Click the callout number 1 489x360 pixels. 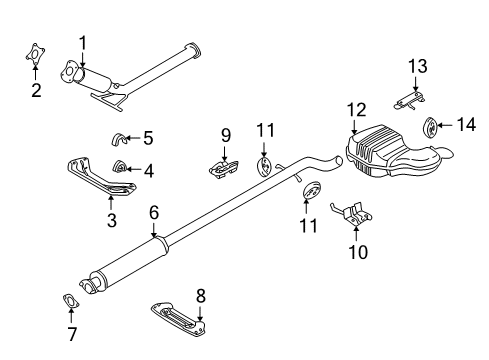tap(83, 42)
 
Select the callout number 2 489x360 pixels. tap(36, 91)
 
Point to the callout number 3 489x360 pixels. tap(110, 217)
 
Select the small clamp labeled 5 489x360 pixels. tap(120, 138)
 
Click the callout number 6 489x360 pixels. tap(153, 212)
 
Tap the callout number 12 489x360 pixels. tap(357, 109)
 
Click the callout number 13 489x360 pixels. tap(417, 67)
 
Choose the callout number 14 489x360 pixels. tap(468, 125)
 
